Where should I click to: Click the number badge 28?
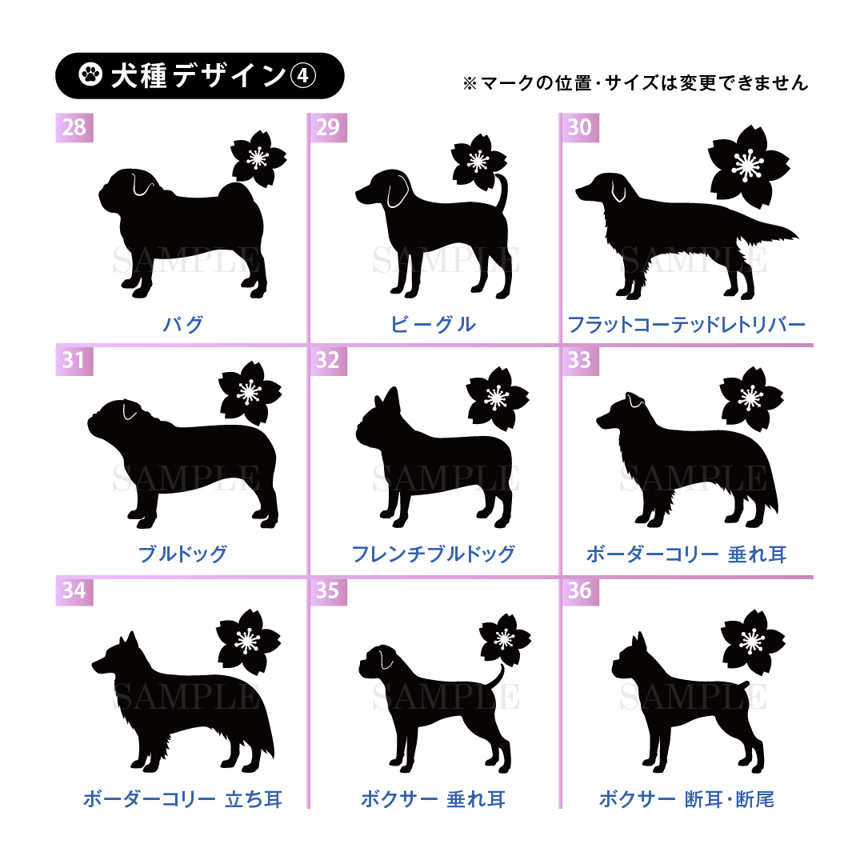74,127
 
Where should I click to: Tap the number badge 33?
580,360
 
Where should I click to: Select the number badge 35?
328,590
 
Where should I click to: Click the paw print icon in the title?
90,74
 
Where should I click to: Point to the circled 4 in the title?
302,76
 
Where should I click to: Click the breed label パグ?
183,324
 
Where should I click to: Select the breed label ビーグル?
433,324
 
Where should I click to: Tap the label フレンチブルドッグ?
433,554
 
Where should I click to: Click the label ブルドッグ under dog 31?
182,554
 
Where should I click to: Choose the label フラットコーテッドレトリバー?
686,324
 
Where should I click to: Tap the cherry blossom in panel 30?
748,166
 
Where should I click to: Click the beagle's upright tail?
502,192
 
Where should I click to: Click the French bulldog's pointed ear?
392,399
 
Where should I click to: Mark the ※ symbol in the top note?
470,84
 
